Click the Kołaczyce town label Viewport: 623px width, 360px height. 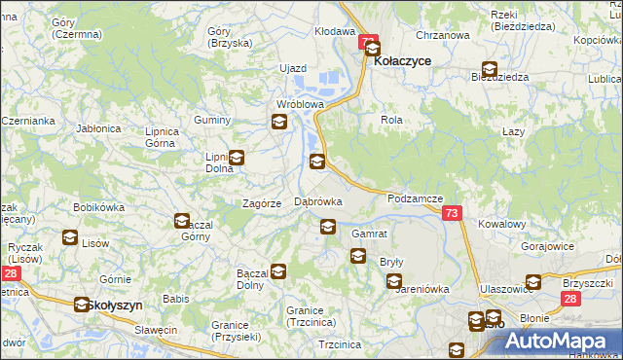pos(403,60)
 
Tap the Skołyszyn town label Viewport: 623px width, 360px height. pos(114,305)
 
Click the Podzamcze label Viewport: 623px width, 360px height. pos(416,198)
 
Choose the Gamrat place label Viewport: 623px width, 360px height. pos(370,234)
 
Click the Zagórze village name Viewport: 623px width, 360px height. pos(262,203)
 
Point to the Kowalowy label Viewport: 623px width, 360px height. pos(502,223)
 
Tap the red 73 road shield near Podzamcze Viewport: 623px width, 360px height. pos(451,213)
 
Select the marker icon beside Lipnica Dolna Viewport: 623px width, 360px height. pos(236,157)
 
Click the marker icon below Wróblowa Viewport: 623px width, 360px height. pos(279,122)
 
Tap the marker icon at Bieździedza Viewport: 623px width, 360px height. pos(489,69)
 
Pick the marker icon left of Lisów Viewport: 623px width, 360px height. pos(70,236)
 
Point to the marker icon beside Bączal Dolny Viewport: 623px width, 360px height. pos(279,271)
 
